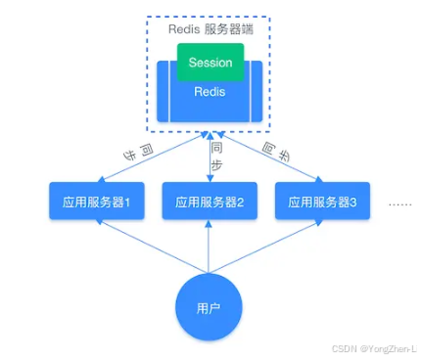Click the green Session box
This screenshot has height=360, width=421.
(210, 63)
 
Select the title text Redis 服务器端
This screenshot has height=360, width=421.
(210, 29)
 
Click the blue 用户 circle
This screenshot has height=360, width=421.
(210, 307)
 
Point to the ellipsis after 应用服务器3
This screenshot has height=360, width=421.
(398, 203)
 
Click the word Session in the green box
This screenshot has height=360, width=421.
(210, 63)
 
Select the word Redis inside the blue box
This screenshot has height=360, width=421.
(210, 92)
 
